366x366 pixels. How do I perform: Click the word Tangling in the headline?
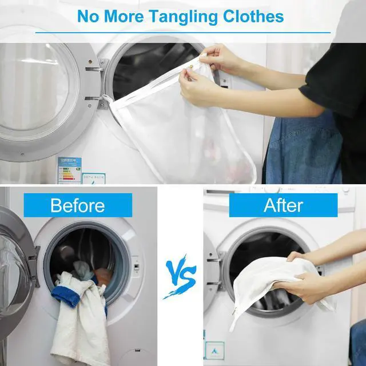(184, 17)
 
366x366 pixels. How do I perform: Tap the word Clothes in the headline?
(253, 16)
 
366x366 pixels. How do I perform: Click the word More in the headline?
(124, 17)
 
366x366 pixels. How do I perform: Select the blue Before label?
(78, 205)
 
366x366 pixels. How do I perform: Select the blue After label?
(284, 205)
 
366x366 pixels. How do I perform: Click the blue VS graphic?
(180, 277)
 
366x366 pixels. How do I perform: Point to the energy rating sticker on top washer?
(70, 170)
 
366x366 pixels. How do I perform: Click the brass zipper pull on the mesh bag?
(190, 67)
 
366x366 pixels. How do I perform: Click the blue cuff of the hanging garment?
(66, 296)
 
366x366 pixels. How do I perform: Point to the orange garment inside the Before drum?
(103, 276)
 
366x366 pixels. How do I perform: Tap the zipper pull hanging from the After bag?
(234, 311)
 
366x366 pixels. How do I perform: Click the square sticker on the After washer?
(215, 351)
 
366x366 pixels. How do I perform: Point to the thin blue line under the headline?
(183, 33)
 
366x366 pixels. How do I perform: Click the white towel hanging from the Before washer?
(79, 322)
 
